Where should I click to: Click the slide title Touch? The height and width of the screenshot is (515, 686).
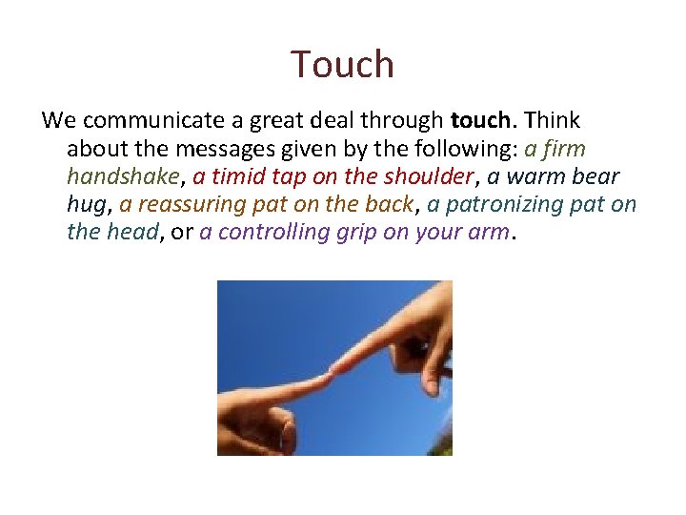pyautogui.click(x=342, y=65)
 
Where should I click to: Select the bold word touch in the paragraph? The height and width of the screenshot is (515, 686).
pyautogui.click(x=480, y=121)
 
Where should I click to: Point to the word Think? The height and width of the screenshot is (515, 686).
pyautogui.click(x=552, y=121)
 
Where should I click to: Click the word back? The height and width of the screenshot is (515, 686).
pyautogui.click(x=390, y=204)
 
